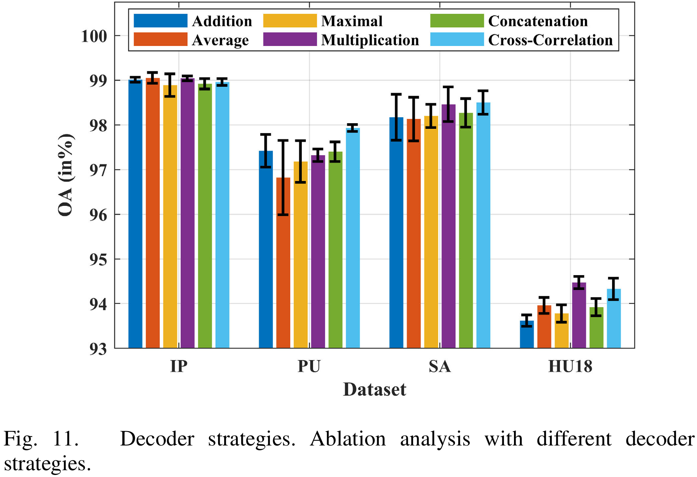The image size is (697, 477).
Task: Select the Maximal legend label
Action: [352, 21]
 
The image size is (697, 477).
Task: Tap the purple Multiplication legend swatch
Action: [290, 40]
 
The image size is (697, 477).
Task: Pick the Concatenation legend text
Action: [538, 21]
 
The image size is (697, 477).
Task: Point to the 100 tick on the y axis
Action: [94, 36]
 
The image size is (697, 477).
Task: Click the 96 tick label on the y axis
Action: [98, 215]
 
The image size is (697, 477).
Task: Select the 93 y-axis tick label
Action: [98, 349]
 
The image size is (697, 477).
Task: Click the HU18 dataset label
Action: [570, 367]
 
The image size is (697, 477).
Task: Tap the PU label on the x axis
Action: [309, 367]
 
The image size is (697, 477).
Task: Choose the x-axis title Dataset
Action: [374, 390]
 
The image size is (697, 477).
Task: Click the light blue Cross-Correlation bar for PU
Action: [353, 239]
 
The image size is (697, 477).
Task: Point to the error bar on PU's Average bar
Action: [283, 177]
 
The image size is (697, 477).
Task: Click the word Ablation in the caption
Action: [348, 439]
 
